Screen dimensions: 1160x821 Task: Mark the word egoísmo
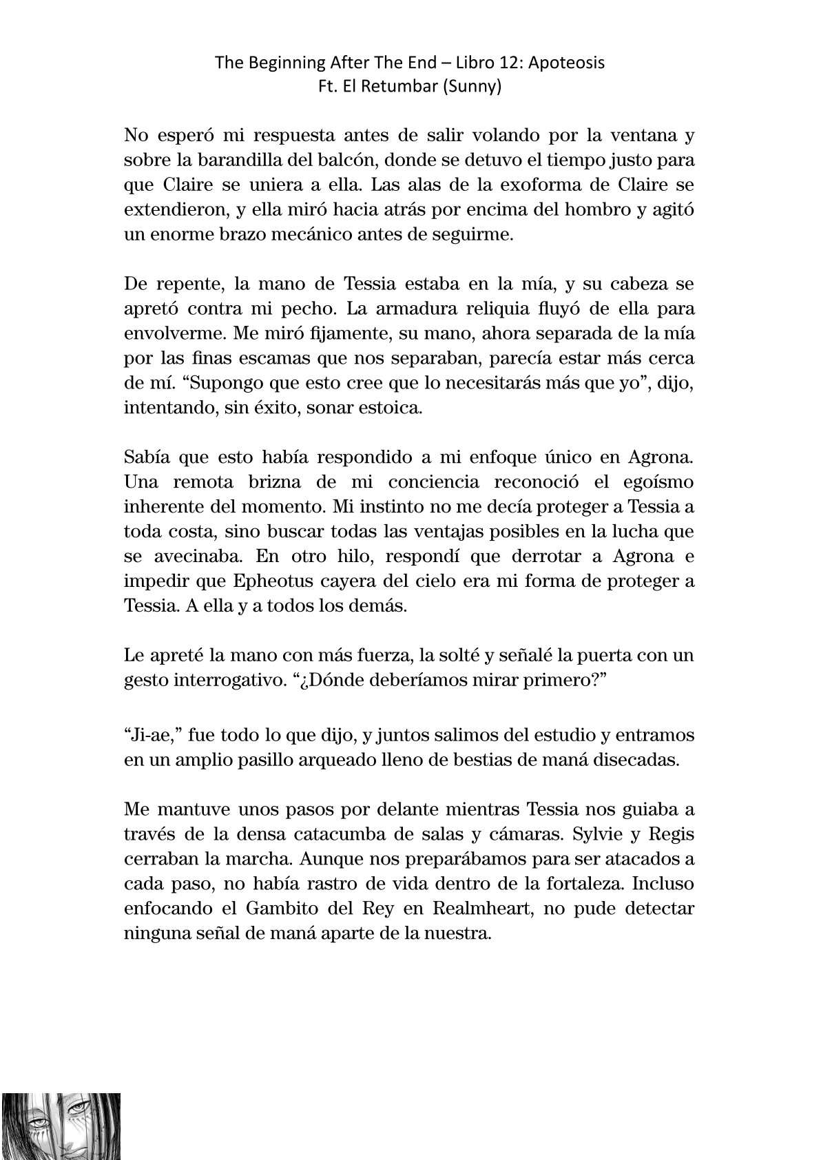tap(647, 481)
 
